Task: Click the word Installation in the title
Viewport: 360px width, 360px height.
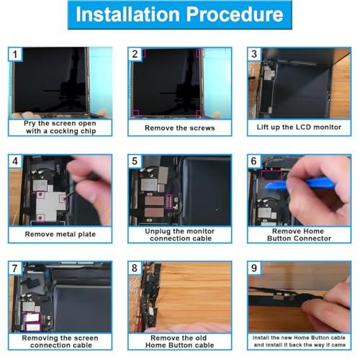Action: [127, 14]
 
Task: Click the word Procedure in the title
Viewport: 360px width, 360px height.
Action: [235, 14]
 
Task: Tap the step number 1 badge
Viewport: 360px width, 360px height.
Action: [15, 54]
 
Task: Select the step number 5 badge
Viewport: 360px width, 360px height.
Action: [135, 161]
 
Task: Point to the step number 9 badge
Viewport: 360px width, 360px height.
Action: [254, 268]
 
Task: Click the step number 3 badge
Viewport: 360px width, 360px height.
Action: [254, 54]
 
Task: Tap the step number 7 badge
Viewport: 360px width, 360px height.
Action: [15, 268]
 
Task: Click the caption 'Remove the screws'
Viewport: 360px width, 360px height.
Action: [180, 128]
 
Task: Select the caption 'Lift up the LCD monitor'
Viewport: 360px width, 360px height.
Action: [299, 127]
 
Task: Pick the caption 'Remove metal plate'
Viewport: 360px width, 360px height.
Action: [60, 234]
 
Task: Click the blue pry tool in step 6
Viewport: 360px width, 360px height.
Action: [300, 184]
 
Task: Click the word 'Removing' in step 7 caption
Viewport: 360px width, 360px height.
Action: [40, 338]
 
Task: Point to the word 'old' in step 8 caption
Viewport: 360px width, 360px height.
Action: [201, 338]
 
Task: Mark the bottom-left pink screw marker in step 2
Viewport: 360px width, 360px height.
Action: [135, 113]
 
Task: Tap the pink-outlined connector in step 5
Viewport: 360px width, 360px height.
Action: [169, 202]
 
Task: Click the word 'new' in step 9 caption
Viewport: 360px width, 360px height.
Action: [287, 338]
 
